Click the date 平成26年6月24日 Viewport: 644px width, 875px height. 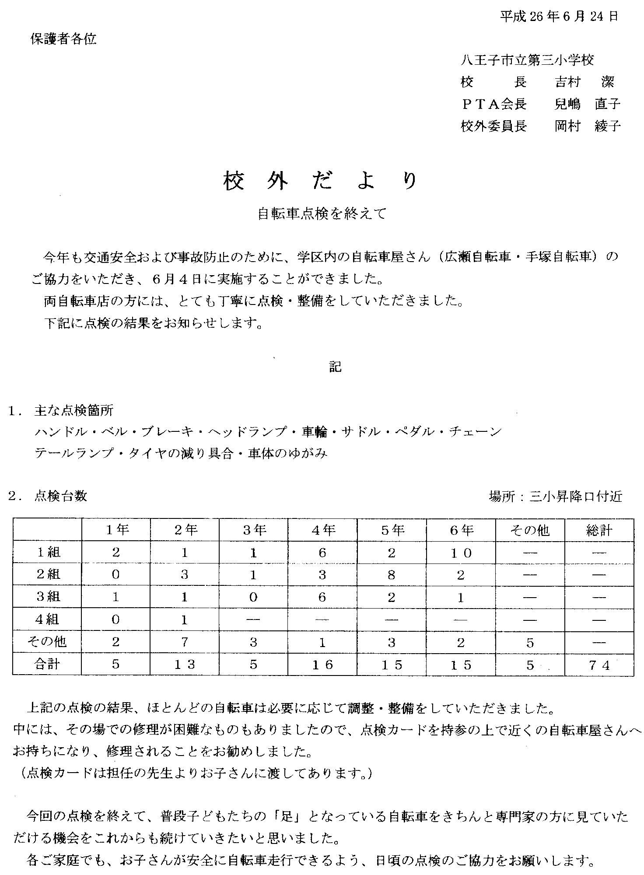(x=559, y=17)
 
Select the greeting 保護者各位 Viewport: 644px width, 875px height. (x=63, y=39)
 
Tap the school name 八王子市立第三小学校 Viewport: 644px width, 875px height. (x=527, y=60)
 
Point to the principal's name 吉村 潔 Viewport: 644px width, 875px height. (x=584, y=82)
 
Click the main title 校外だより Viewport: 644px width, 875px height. (x=320, y=181)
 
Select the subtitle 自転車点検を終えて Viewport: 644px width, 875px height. (x=322, y=214)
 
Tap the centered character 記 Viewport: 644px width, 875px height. (x=335, y=367)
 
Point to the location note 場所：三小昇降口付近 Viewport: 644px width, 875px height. (x=555, y=497)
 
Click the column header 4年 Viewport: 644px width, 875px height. (x=322, y=530)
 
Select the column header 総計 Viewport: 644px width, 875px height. (x=599, y=530)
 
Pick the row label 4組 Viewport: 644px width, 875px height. (x=47, y=619)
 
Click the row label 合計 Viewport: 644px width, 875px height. (x=47, y=665)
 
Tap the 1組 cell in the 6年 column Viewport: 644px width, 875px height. (x=461, y=553)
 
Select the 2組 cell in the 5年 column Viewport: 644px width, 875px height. (x=392, y=575)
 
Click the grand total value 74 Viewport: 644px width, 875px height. (x=599, y=665)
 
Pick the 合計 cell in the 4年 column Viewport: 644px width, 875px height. (x=322, y=665)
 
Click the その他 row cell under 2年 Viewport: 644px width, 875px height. (x=184, y=643)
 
